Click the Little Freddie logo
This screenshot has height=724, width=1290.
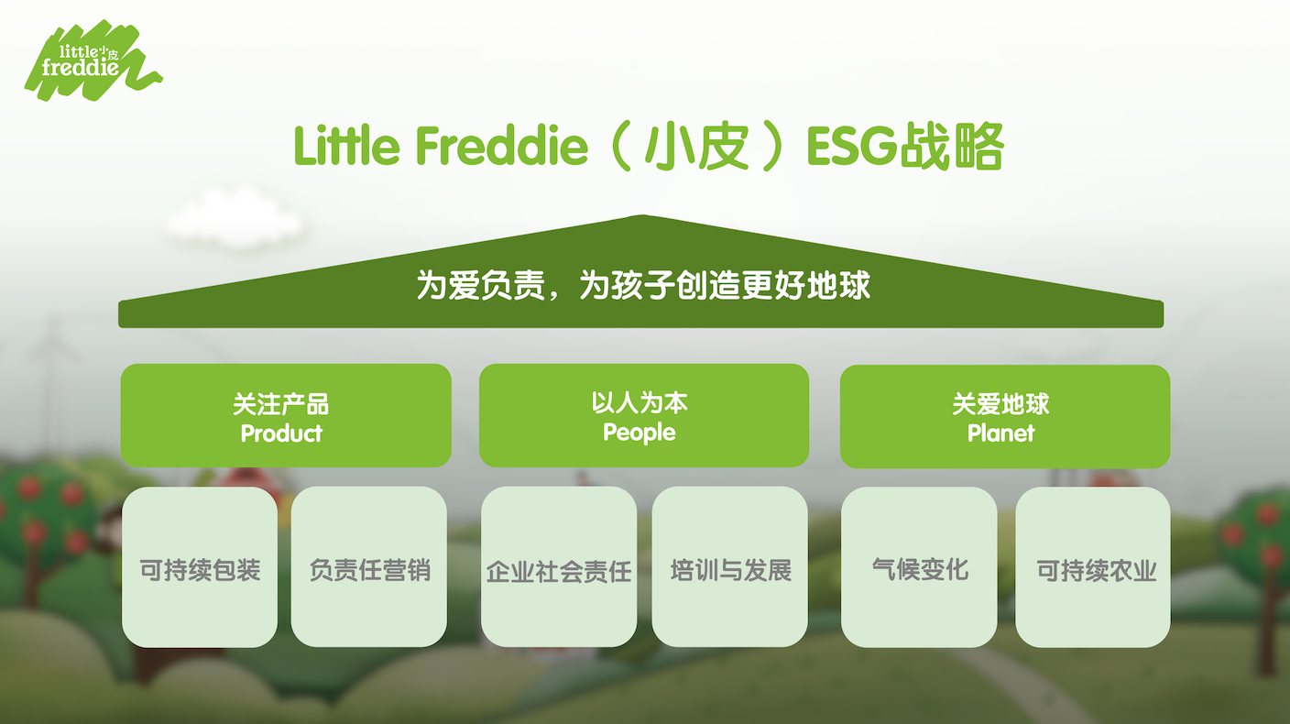[x=93, y=61]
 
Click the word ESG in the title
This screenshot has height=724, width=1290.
[x=852, y=146]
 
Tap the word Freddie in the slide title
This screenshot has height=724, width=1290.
[x=502, y=146]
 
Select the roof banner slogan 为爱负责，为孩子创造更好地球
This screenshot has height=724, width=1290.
[x=643, y=284]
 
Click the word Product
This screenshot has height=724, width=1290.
[x=281, y=433]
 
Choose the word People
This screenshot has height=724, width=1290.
[x=640, y=433]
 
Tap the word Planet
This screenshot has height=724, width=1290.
[x=1000, y=433]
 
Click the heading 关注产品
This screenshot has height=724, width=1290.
[x=280, y=404]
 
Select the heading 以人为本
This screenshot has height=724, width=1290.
[x=640, y=402]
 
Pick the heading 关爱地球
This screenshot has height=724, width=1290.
[x=1000, y=404]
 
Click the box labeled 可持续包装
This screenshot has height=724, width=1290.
[x=199, y=566]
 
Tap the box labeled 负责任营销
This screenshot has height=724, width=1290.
[x=369, y=566]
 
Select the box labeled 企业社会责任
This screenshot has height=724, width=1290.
[x=559, y=566]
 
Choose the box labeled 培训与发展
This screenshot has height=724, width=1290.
[x=729, y=566]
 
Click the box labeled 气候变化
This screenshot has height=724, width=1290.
[x=919, y=567]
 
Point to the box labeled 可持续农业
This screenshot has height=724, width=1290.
[x=1093, y=567]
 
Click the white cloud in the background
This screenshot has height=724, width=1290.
[x=235, y=218]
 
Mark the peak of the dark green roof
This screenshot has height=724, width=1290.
[x=642, y=215]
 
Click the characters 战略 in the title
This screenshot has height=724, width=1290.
[x=952, y=147]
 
